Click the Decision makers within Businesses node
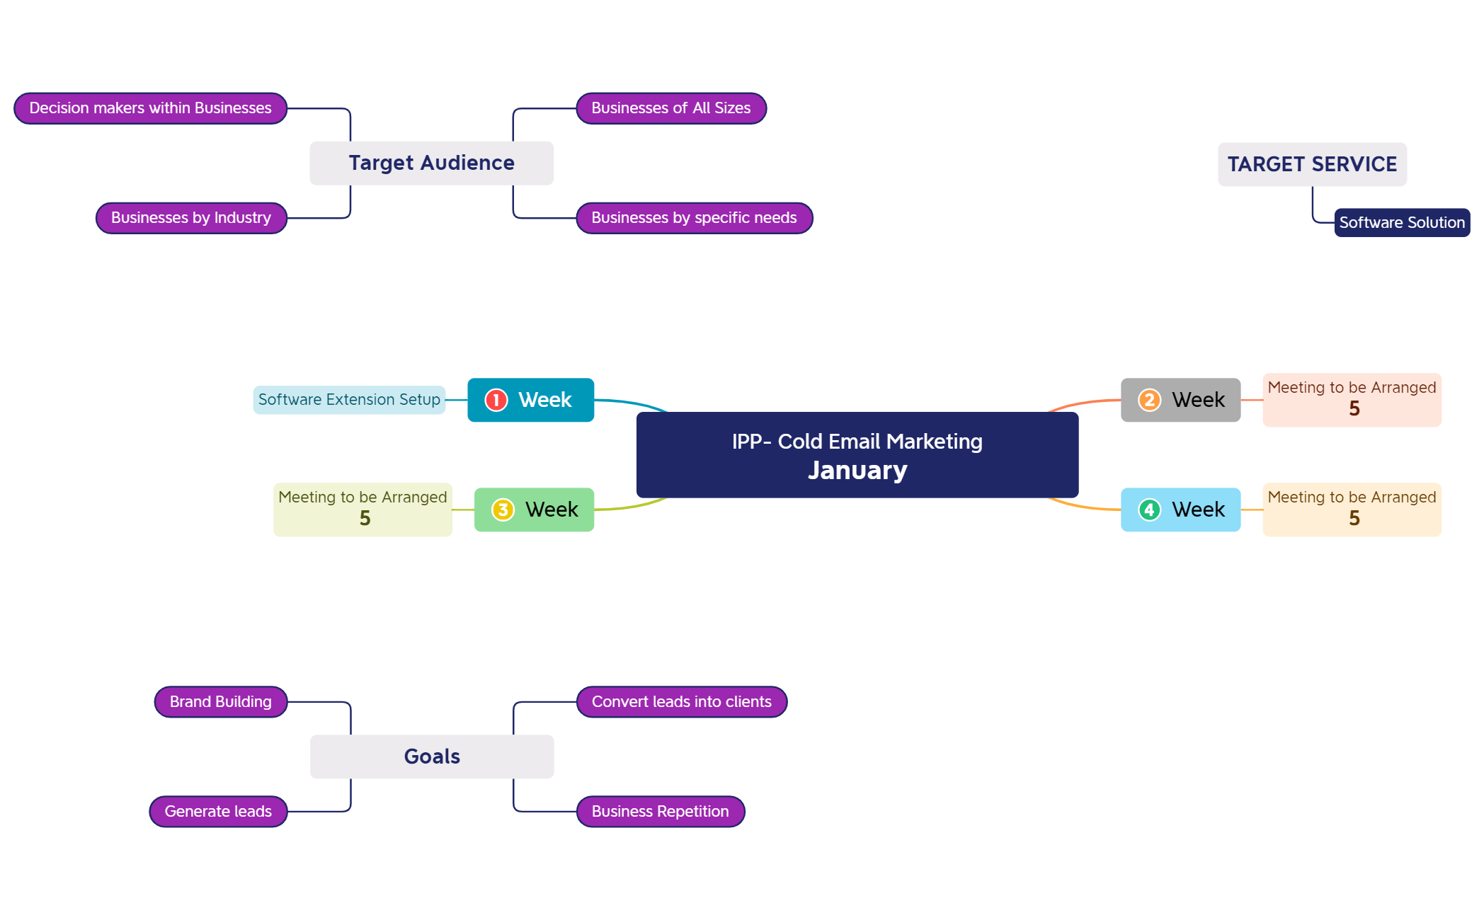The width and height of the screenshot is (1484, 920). click(150, 108)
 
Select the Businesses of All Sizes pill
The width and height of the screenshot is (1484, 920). click(670, 108)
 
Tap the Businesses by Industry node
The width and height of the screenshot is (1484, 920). click(191, 218)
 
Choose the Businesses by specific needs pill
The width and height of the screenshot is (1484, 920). click(694, 218)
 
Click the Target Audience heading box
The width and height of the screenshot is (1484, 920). click(431, 163)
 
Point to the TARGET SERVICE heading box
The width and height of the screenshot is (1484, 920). click(1311, 164)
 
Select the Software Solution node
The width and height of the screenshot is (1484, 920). click(1401, 223)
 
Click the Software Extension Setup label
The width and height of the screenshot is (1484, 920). click(349, 400)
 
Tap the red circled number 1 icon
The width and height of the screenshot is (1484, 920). click(496, 400)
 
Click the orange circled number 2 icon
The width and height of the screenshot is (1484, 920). click(1149, 400)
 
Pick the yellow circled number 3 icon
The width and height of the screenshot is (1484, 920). click(503, 510)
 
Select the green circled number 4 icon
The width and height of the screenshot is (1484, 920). click(1149, 510)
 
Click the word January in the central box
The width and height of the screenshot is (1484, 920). click(857, 471)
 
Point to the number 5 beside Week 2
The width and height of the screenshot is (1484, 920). click(1354, 409)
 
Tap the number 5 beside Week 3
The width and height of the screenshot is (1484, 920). click(365, 519)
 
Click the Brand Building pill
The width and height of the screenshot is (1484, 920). click(220, 702)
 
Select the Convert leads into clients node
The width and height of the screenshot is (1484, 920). click(681, 702)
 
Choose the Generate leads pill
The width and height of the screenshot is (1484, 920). click(218, 812)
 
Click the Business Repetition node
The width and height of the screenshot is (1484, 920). click(660, 812)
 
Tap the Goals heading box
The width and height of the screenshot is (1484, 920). click(432, 757)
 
